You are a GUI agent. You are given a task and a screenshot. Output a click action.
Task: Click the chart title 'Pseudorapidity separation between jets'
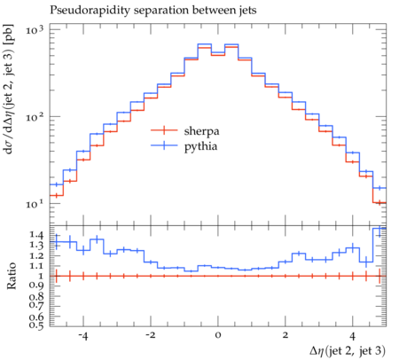(153, 11)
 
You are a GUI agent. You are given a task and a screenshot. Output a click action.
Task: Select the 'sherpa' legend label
(201, 131)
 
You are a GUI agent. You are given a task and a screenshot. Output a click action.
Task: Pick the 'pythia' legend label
(200, 146)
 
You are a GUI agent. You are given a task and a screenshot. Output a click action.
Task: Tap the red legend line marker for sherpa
(164, 130)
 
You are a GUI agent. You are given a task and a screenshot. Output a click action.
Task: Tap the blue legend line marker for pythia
(164, 145)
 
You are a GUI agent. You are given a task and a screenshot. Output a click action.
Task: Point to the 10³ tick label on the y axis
(35, 30)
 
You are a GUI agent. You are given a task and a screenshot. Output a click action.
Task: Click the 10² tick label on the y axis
(35, 117)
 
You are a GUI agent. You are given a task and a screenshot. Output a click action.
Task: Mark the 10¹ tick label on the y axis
(35, 205)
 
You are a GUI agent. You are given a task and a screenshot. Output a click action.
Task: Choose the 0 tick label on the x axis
(218, 336)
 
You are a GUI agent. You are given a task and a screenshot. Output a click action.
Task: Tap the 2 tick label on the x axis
(286, 336)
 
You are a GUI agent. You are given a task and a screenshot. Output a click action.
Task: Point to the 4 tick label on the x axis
(353, 336)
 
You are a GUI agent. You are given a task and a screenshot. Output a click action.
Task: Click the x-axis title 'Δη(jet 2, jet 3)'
(348, 351)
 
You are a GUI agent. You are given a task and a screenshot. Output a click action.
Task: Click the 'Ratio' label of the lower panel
(11, 276)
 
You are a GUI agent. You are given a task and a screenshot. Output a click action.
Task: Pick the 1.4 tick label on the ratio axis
(36, 235)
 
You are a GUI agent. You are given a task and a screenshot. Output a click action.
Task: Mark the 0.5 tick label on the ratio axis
(36, 325)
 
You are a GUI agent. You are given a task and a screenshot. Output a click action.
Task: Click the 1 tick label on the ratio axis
(41, 276)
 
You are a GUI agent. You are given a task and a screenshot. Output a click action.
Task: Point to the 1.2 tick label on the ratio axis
(36, 255)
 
